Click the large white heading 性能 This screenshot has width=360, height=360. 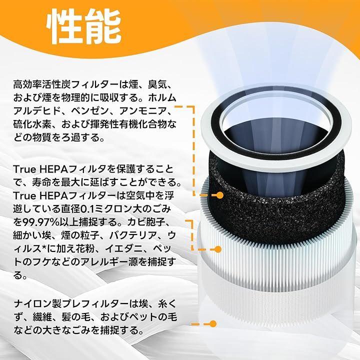pos(84,26)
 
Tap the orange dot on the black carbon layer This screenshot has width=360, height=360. pos(219,195)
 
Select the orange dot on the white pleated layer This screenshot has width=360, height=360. pos(218,249)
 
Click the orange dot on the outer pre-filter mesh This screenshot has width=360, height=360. pos(213,323)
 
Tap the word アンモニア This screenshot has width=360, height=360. pos(143,111)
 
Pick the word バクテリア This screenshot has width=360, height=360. pos(133,235)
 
